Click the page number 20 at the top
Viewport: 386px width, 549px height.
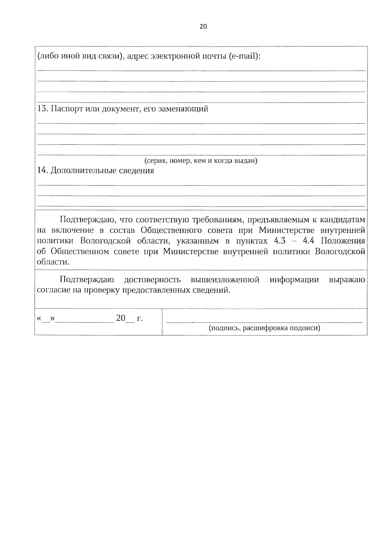(x=203, y=27)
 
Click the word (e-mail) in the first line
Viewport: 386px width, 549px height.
(x=244, y=56)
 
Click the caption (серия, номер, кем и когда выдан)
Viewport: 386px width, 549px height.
(x=201, y=161)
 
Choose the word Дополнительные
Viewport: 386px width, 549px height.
(x=83, y=171)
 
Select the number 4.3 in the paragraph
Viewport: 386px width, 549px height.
(x=279, y=241)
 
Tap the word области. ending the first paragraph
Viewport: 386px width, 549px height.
(x=53, y=262)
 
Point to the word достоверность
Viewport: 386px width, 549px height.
(x=152, y=280)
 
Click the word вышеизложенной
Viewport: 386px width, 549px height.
(x=225, y=280)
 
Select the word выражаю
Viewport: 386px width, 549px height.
(x=347, y=280)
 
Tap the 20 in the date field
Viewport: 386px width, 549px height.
(x=121, y=318)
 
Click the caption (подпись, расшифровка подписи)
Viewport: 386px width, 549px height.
(x=264, y=328)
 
